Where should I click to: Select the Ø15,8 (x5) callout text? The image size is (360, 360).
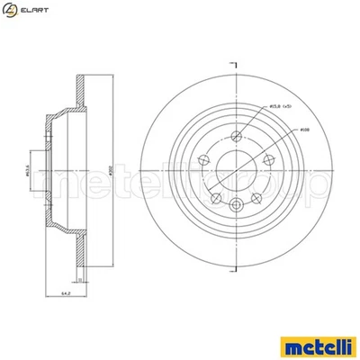[x=281, y=108]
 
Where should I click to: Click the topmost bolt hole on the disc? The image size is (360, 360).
[x=235, y=136]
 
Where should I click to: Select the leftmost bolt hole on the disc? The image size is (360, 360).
[x=203, y=158]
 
